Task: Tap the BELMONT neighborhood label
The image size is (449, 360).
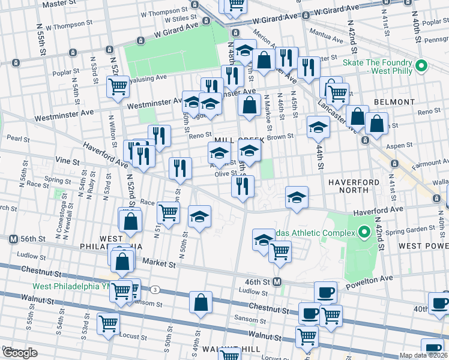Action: coord(391,103)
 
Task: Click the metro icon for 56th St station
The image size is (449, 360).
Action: coord(12,239)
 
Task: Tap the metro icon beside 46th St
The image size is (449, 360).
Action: coord(277,281)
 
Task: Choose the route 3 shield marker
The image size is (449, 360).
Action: coord(155,289)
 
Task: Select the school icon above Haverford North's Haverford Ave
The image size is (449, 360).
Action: coord(297,197)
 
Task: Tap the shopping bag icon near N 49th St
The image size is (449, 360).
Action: coord(201,302)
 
